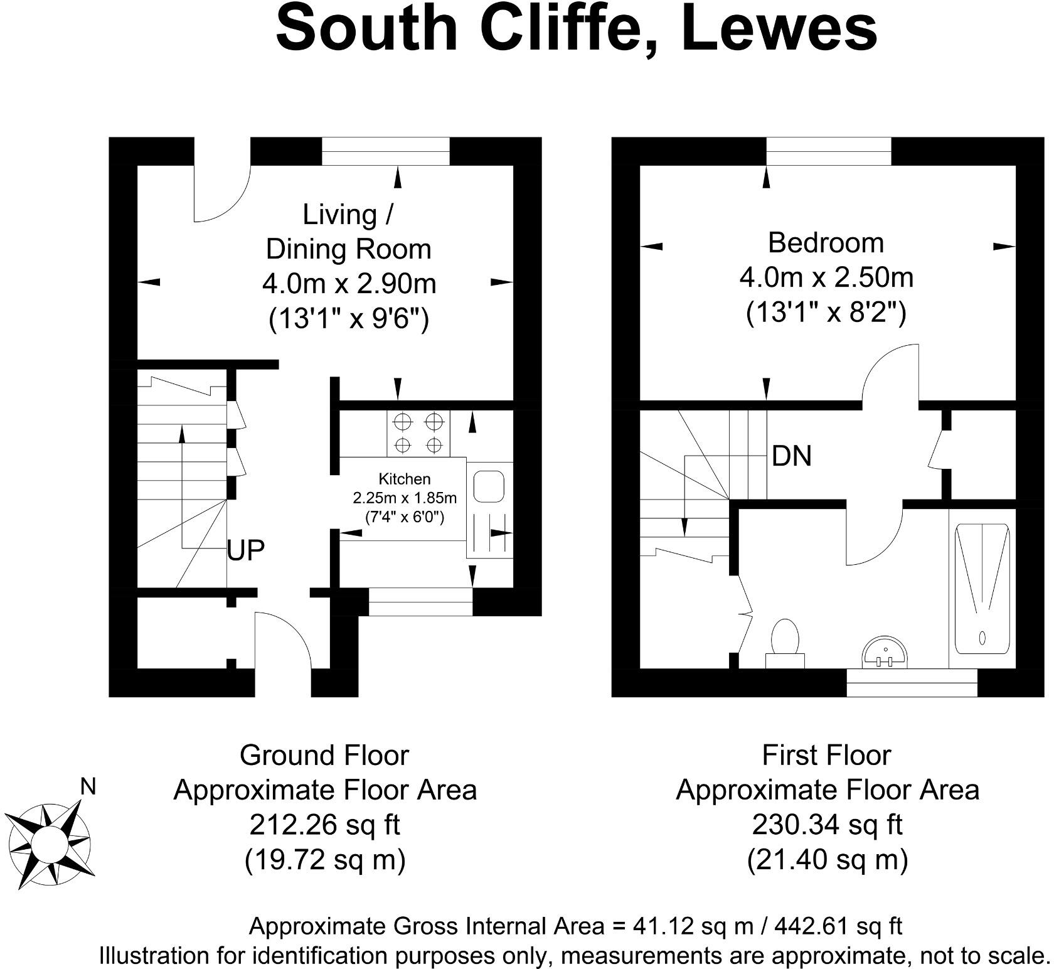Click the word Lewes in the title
[779, 29]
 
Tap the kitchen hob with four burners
[418, 433]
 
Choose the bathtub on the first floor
[982, 589]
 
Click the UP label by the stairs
[246, 550]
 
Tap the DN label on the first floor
[792, 456]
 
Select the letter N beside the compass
[88, 786]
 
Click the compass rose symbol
[48, 841]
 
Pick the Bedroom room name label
[826, 243]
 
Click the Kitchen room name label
[405, 479]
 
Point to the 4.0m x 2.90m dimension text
[349, 284]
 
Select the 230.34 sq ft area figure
[827, 825]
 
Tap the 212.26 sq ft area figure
[324, 825]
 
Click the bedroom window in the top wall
[828, 151]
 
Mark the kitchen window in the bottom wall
[420, 601]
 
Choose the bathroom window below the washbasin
[912, 683]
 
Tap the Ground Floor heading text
[324, 755]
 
